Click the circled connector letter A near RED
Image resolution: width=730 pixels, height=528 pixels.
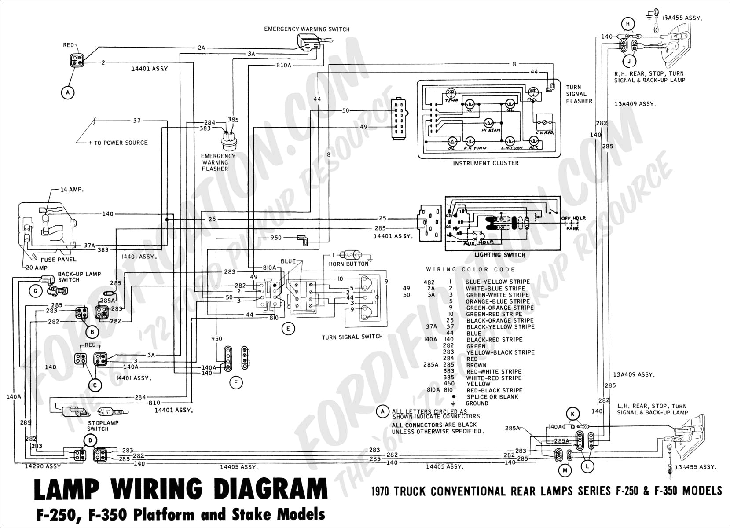tap(67, 92)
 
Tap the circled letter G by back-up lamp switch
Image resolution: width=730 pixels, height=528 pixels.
tap(35, 291)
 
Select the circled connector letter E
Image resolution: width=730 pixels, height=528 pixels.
tap(288, 328)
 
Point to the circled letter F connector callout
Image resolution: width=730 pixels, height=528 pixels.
tap(236, 383)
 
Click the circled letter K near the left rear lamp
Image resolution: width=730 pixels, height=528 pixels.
tap(572, 414)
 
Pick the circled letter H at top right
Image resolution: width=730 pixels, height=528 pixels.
tap(628, 24)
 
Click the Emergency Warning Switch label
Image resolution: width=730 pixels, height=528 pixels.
tap(307, 29)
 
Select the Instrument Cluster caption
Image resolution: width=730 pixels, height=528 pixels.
tap(485, 163)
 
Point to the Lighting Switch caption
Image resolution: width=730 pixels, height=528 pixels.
tap(499, 255)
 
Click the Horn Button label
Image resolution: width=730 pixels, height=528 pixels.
tap(348, 264)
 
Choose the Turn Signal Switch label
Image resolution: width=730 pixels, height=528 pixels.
tap(352, 337)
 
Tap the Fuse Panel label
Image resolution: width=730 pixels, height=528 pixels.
tap(59, 260)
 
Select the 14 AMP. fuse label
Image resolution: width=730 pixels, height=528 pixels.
tap(72, 190)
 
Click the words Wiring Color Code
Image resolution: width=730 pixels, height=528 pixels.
tap(470, 269)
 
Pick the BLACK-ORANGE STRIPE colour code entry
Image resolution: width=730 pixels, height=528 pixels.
tap(499, 320)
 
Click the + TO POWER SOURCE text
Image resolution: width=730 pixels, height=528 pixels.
tap(118, 143)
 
